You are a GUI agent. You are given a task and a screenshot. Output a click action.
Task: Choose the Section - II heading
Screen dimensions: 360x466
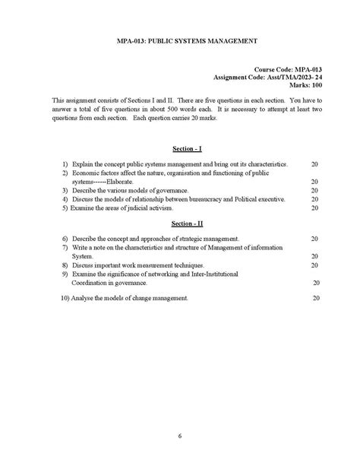point(181,224)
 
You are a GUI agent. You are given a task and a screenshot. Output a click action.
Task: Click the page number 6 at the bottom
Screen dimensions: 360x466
point(180,436)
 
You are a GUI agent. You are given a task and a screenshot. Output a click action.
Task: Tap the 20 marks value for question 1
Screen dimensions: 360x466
point(314,163)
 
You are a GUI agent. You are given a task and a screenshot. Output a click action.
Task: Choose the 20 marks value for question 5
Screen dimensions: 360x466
point(314,208)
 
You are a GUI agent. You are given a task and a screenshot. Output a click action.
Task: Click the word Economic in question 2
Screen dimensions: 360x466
point(86,173)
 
